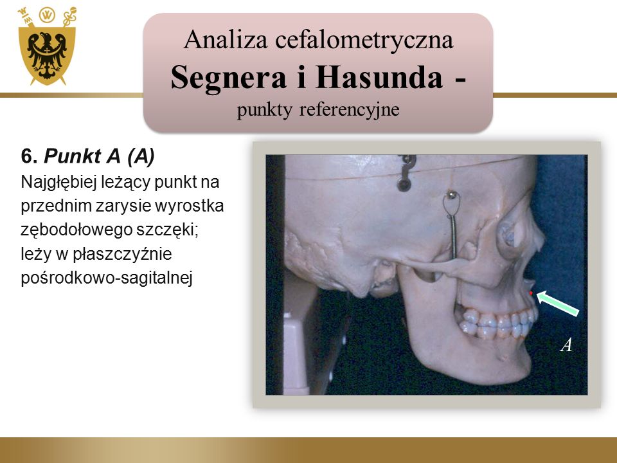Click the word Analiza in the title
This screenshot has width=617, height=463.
pyautogui.click(x=226, y=40)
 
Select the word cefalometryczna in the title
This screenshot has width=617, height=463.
pyautogui.click(x=364, y=40)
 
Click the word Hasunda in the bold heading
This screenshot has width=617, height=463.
pyautogui.click(x=379, y=77)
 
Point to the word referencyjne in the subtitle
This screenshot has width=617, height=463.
pyautogui.click(x=350, y=109)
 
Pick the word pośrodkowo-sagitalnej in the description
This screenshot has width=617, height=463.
pyautogui.click(x=107, y=278)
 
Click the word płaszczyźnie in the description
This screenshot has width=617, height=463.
pyautogui.click(x=122, y=255)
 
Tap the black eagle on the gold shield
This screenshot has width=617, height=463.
pyautogui.click(x=47, y=55)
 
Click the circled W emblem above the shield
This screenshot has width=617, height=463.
pyautogui.click(x=47, y=15)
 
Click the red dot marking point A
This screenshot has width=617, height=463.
pyautogui.click(x=531, y=293)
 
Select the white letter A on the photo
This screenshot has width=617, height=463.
pyautogui.click(x=566, y=345)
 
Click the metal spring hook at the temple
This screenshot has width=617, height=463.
pyautogui.click(x=452, y=224)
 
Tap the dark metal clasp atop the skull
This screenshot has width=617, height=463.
pyautogui.click(x=406, y=173)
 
